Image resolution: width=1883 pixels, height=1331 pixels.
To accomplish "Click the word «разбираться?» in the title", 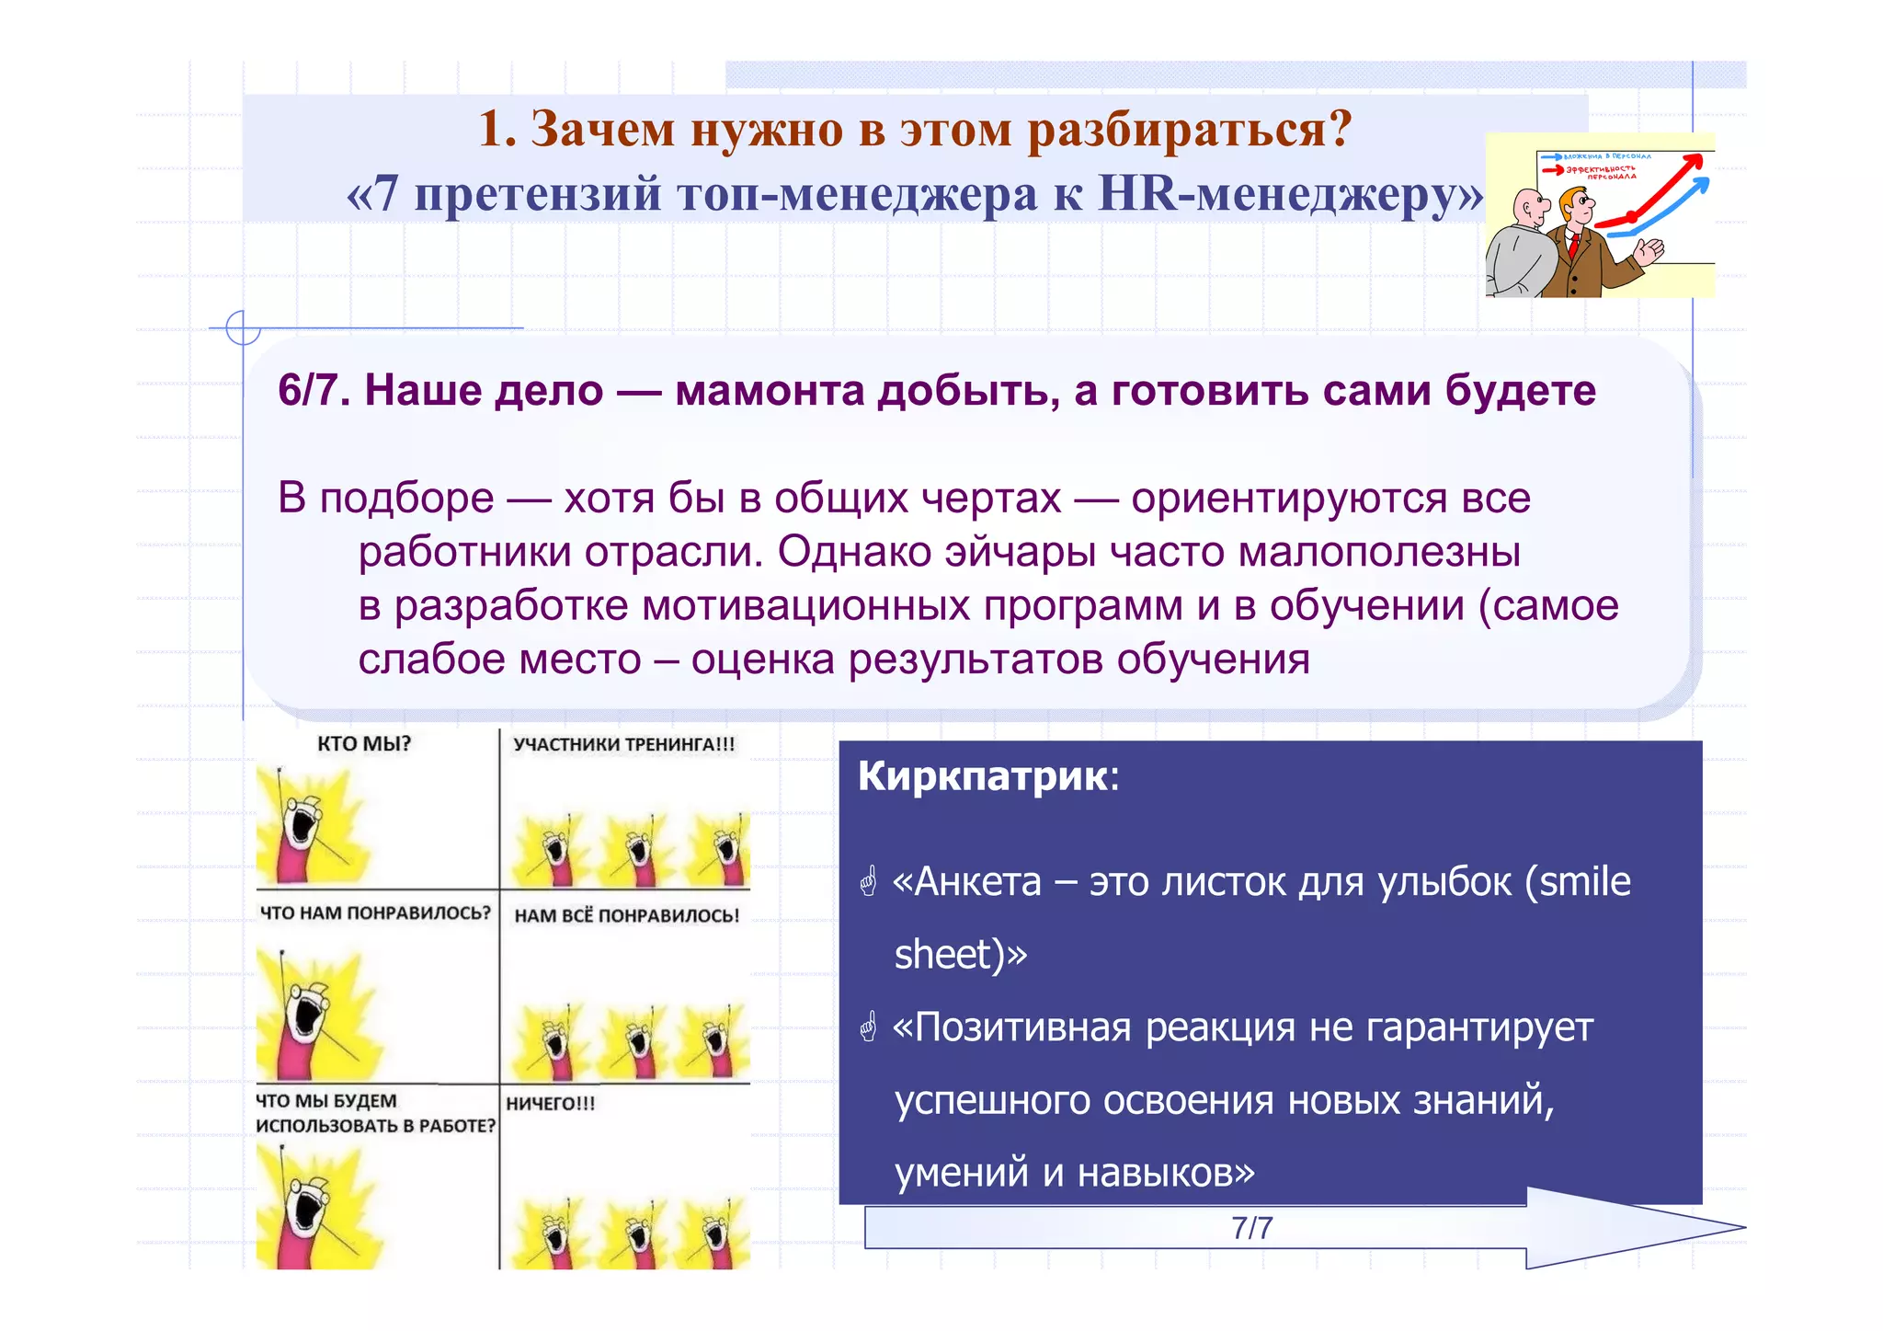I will coord(1190,129).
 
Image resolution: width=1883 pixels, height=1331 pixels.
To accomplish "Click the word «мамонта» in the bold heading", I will coord(770,391).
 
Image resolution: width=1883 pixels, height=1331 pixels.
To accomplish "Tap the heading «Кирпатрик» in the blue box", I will coord(983,776).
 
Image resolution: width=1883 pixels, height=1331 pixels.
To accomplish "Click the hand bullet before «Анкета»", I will coord(868,882).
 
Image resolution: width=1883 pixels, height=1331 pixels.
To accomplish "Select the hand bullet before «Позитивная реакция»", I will coord(868,1027).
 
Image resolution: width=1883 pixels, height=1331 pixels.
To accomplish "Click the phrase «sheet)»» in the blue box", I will coord(960,954).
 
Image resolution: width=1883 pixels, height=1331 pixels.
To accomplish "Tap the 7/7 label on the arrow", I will coord(1251,1228).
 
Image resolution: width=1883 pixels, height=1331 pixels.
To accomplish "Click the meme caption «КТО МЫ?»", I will coord(364,743).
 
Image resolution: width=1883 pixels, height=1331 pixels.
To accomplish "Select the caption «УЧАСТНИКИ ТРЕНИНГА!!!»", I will coord(624,744).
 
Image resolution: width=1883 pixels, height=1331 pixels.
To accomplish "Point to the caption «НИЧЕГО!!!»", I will coord(550,1103).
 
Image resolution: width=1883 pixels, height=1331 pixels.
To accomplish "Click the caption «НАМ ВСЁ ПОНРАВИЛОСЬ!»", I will coord(626,915).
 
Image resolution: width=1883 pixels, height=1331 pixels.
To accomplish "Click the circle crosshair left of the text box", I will coord(243,327).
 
